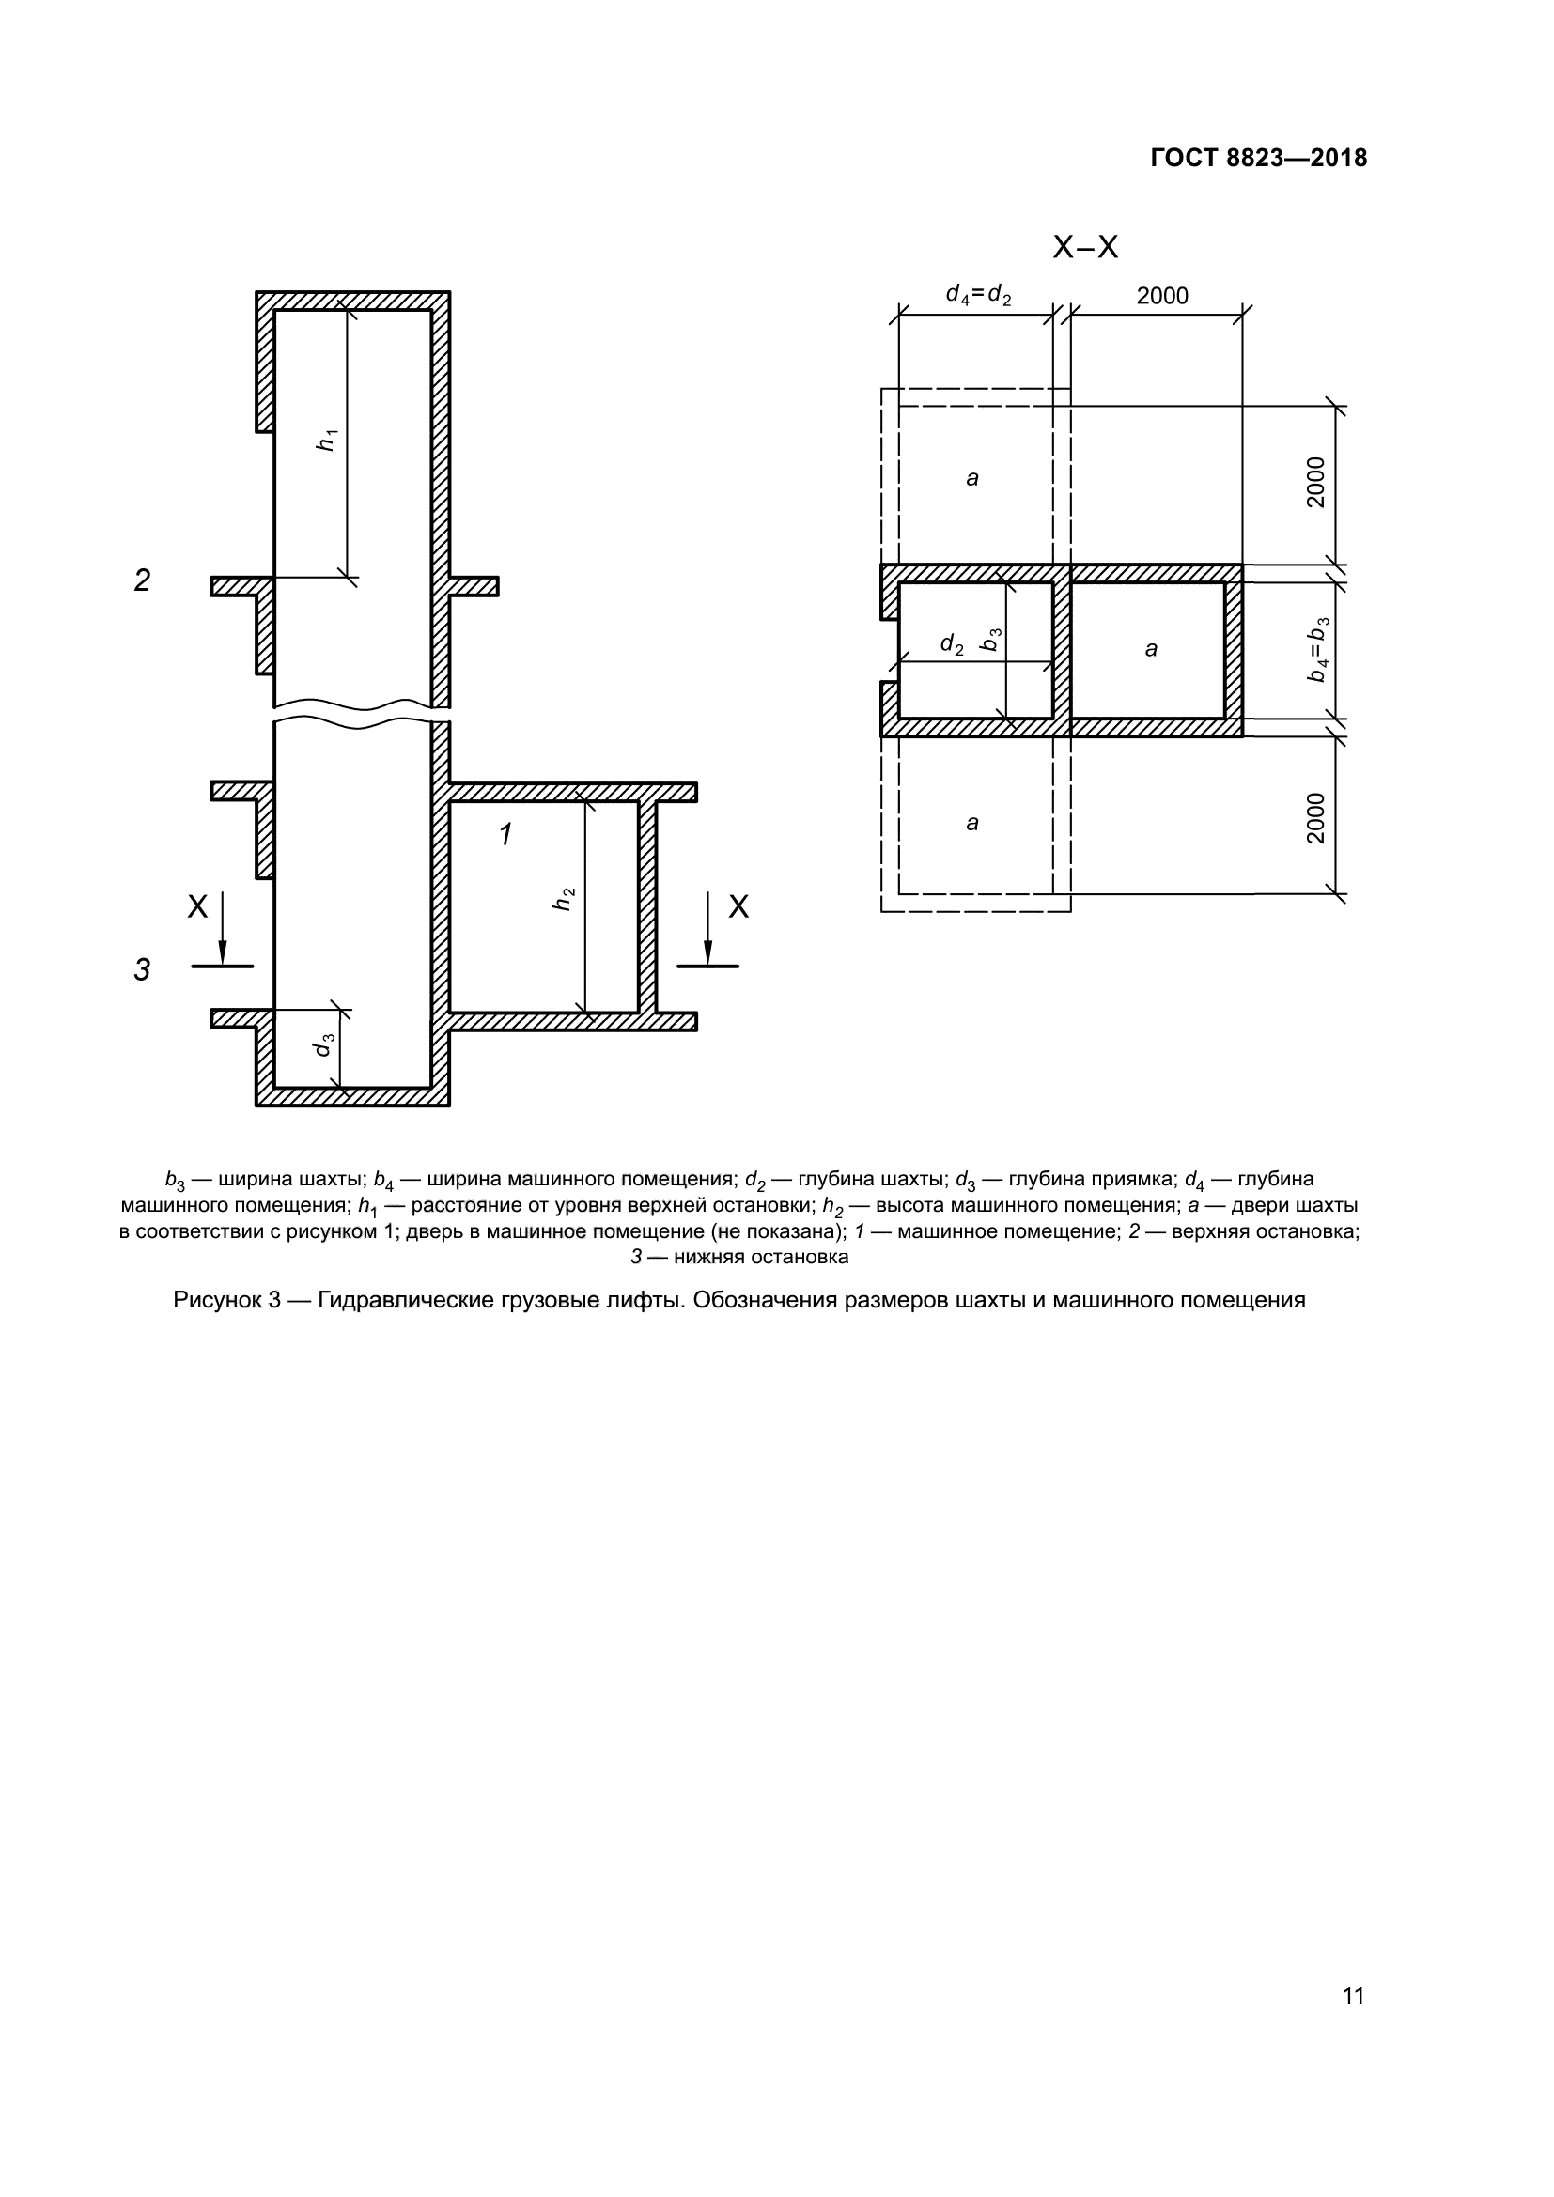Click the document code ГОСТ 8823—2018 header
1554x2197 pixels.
1257,159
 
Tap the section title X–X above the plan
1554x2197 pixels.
1084,248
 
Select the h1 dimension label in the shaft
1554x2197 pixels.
328,440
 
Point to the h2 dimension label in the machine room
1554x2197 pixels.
565,899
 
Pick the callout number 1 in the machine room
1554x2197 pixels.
506,834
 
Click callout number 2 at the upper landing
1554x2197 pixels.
142,580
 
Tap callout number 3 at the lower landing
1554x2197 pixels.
142,969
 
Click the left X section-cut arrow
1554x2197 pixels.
222,928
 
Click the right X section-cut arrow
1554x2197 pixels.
708,928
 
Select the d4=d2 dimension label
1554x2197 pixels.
978,295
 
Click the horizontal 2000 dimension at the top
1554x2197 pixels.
1161,296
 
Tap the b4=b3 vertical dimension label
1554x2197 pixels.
1317,650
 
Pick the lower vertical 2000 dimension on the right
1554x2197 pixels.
1316,817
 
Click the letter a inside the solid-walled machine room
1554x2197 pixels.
1150,650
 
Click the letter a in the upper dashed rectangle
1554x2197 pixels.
972,478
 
